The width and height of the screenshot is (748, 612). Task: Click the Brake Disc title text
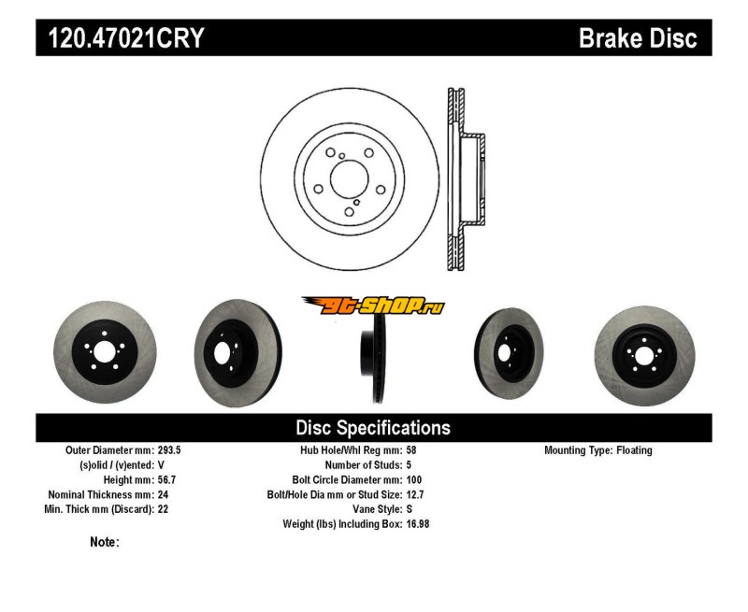[638, 38]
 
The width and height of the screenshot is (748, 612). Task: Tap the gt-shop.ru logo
[373, 305]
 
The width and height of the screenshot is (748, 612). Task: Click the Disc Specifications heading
[373, 428]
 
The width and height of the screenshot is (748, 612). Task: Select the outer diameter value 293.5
[169, 450]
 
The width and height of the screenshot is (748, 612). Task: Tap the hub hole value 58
[411, 450]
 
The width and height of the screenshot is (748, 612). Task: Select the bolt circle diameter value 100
[414, 479]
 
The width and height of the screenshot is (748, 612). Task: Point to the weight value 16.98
[418, 524]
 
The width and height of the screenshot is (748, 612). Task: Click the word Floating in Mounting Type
[634, 450]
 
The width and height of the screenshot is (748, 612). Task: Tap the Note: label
[105, 542]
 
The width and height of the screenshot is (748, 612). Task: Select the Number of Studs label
[363, 464]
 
